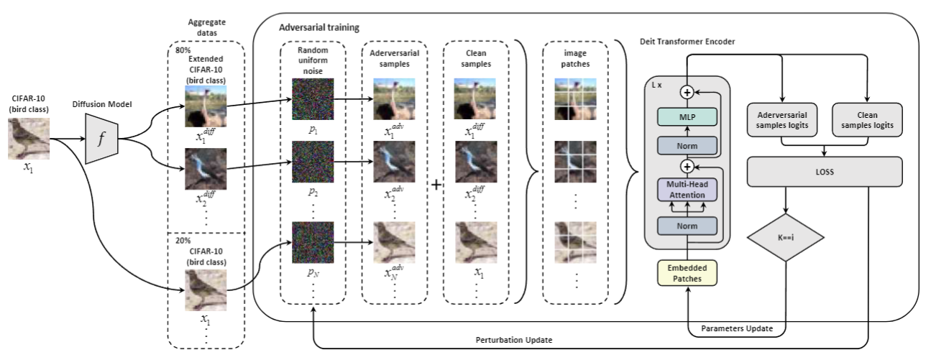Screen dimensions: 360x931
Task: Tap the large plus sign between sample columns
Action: [436, 185]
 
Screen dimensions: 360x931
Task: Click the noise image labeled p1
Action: [312, 98]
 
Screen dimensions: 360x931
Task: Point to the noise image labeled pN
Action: [312, 243]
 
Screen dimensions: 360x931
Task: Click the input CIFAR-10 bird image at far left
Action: [29, 139]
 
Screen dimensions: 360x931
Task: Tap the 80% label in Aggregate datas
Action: [183, 51]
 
